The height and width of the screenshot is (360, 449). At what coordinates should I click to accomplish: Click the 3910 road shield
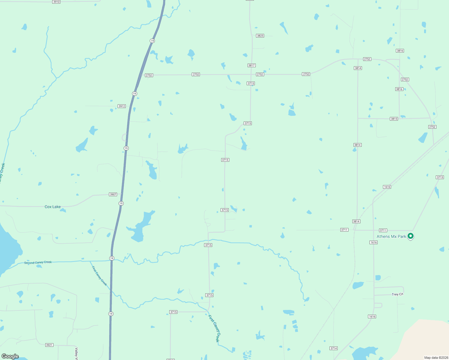pos(56,2)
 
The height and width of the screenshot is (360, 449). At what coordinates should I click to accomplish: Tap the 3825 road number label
pos(260,36)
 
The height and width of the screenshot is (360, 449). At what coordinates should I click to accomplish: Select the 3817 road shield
pos(252,65)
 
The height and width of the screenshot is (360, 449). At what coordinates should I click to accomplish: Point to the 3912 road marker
pos(122,106)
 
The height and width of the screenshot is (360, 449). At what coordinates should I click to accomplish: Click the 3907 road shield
pos(113,194)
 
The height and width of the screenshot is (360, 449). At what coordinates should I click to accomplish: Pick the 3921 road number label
pos(49,345)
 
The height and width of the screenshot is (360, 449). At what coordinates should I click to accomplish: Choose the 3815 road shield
pos(394,119)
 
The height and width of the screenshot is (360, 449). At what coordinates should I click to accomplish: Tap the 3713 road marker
pos(440,177)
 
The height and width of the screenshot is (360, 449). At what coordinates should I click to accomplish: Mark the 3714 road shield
pos(333,348)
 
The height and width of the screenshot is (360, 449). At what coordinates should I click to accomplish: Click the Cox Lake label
pos(53,207)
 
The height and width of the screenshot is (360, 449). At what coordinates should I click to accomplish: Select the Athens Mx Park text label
pos(391,236)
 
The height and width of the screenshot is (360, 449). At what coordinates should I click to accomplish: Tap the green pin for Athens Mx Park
pos(411,236)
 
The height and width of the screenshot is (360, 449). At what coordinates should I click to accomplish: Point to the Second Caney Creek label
pos(38,262)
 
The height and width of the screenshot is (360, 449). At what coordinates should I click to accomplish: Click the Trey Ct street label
pos(397,294)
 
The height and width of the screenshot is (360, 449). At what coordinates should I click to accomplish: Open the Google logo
pos(10,356)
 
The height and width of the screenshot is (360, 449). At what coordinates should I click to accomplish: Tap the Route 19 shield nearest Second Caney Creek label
pos(112,258)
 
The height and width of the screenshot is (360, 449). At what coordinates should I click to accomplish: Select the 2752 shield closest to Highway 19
pos(149,75)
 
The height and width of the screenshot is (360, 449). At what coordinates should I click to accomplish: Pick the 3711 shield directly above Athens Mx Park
pos(383,230)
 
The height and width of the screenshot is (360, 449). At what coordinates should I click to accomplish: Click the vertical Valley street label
pos(77,353)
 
